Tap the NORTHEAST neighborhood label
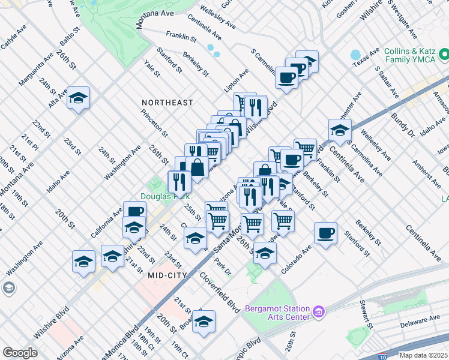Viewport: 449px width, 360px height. coord(167,103)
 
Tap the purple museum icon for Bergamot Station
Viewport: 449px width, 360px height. coord(319,312)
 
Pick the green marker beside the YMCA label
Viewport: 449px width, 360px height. coord(444,56)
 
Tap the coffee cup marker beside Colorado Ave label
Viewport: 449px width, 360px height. coord(325,233)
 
